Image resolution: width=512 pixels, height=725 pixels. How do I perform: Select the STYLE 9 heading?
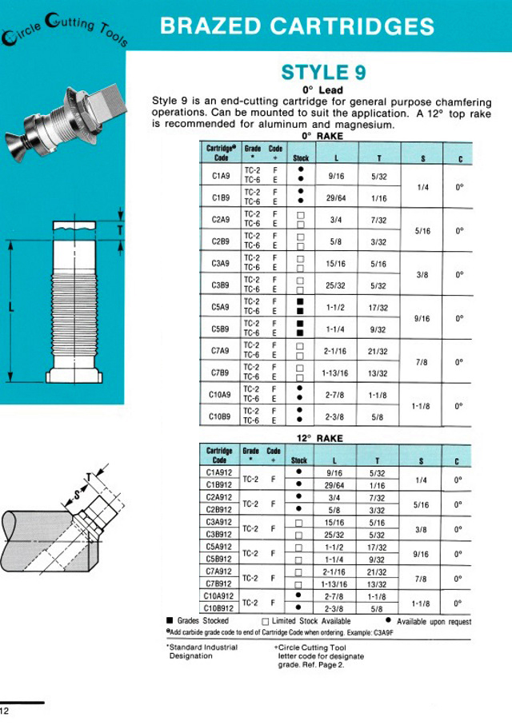(324, 73)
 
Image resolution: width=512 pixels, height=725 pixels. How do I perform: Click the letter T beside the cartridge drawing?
(121, 229)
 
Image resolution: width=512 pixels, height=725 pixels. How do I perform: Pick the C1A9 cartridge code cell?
(221, 175)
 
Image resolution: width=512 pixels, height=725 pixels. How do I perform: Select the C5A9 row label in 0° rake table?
(221, 306)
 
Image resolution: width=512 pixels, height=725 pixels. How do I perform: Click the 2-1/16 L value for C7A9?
(336, 350)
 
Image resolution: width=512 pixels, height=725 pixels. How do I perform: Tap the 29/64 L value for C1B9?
(336, 197)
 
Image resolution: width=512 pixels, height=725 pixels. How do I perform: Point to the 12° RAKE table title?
(319, 438)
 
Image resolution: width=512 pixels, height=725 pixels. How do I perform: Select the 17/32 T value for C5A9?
(378, 306)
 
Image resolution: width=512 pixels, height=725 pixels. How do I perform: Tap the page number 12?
(5, 711)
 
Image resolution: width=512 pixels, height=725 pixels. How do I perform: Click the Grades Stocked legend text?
(202, 620)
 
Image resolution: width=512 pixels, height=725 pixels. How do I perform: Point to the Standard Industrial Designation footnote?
(200, 650)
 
